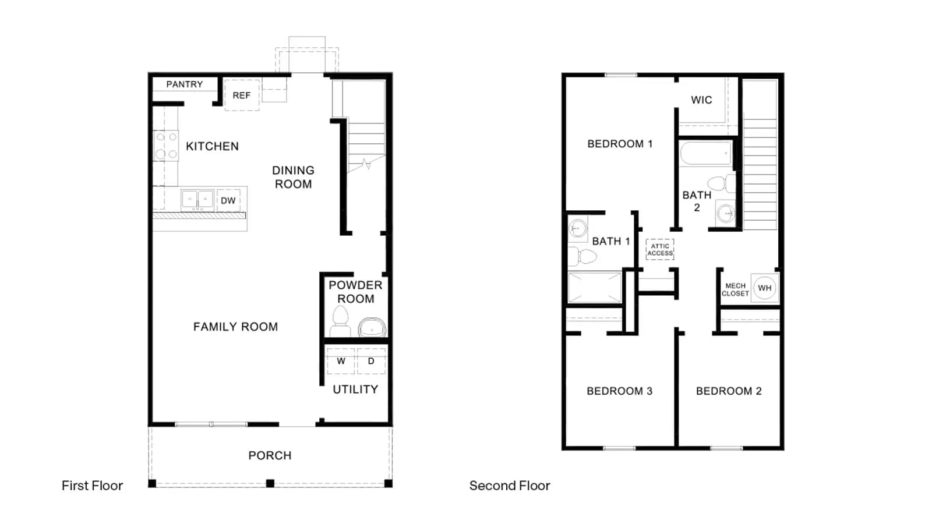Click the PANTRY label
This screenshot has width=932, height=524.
tap(184, 84)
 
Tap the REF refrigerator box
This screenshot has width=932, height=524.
tap(242, 95)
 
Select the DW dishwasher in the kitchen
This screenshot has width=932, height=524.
tap(228, 200)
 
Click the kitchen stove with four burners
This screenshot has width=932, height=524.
tap(166, 146)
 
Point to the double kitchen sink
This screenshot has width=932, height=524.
tap(197, 199)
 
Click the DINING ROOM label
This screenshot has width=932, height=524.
tap(294, 177)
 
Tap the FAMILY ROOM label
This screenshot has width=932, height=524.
tap(235, 327)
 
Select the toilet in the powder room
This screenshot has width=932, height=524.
tap(340, 321)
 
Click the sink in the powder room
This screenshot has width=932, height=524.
tap(372, 328)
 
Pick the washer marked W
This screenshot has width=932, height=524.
tap(341, 361)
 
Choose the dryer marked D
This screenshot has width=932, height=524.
tap(371, 361)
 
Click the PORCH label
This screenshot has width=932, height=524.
tap(270, 456)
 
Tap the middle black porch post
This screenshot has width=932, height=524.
tap(270, 483)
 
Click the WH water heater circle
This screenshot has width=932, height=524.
tap(765, 288)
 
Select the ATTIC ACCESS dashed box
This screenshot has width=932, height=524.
tap(660, 250)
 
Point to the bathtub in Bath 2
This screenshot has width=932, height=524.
tap(706, 154)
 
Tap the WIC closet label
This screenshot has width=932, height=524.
tap(701, 100)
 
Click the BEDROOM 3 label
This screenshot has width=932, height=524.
tap(620, 391)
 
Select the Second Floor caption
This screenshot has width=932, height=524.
tap(510, 486)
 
